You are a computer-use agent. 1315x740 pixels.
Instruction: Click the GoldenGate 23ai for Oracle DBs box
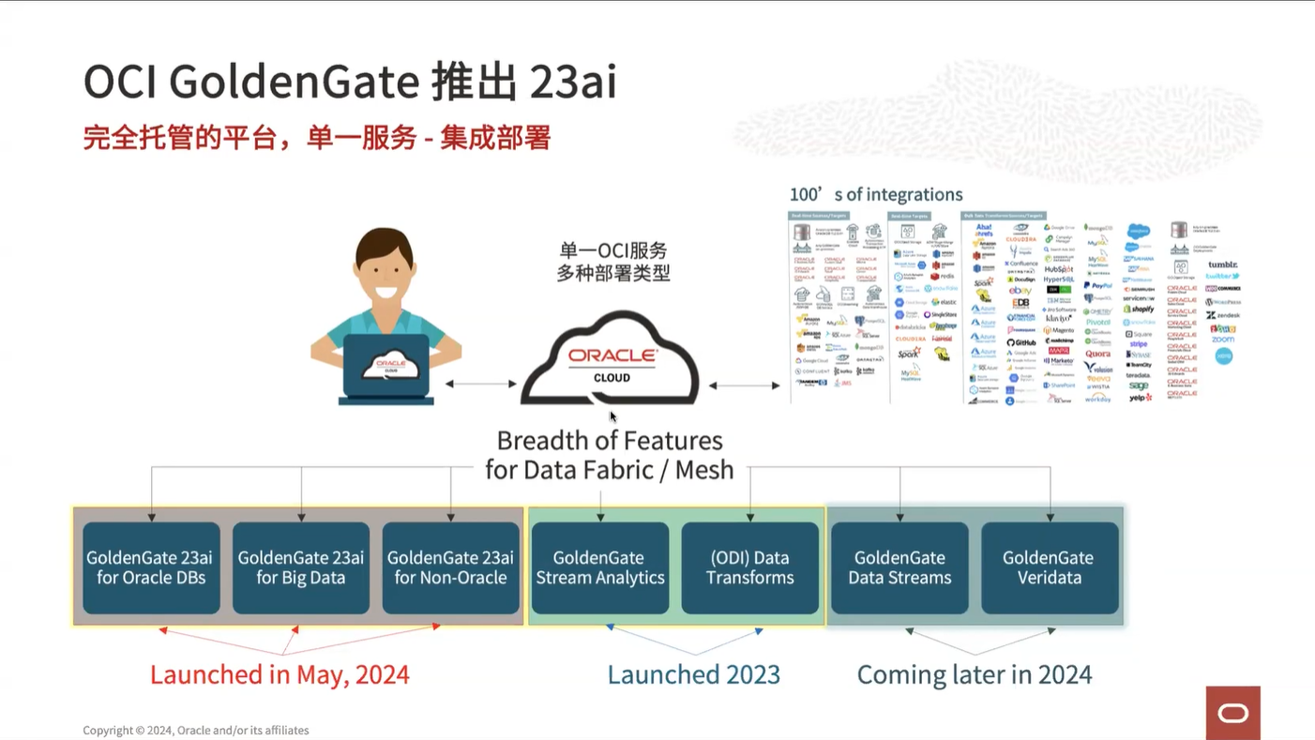tap(151, 567)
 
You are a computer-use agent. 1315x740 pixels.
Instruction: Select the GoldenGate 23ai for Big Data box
tap(301, 567)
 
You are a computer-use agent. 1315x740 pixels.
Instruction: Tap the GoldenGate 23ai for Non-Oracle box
tap(451, 567)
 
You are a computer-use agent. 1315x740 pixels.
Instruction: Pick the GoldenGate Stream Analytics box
tap(600, 567)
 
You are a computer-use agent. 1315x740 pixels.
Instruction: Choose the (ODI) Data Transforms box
tap(750, 567)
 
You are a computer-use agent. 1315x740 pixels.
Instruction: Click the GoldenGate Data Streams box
tap(899, 567)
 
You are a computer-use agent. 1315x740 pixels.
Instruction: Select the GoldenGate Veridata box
tap(1050, 567)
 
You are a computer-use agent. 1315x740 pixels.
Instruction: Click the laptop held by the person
tap(386, 367)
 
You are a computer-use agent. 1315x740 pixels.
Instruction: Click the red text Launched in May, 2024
tap(280, 674)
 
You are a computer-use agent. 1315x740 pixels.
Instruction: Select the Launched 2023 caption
tap(694, 674)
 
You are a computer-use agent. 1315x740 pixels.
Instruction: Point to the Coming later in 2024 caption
tap(975, 674)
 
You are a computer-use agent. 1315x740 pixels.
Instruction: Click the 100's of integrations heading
tap(876, 194)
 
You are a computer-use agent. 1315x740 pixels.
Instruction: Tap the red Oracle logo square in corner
tap(1232, 713)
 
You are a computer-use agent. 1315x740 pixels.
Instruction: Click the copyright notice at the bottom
tap(195, 730)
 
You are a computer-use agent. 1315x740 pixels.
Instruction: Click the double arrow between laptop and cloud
tap(481, 384)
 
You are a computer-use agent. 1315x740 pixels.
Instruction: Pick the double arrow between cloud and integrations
tap(745, 385)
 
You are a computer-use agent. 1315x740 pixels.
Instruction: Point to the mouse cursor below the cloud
tap(613, 417)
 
